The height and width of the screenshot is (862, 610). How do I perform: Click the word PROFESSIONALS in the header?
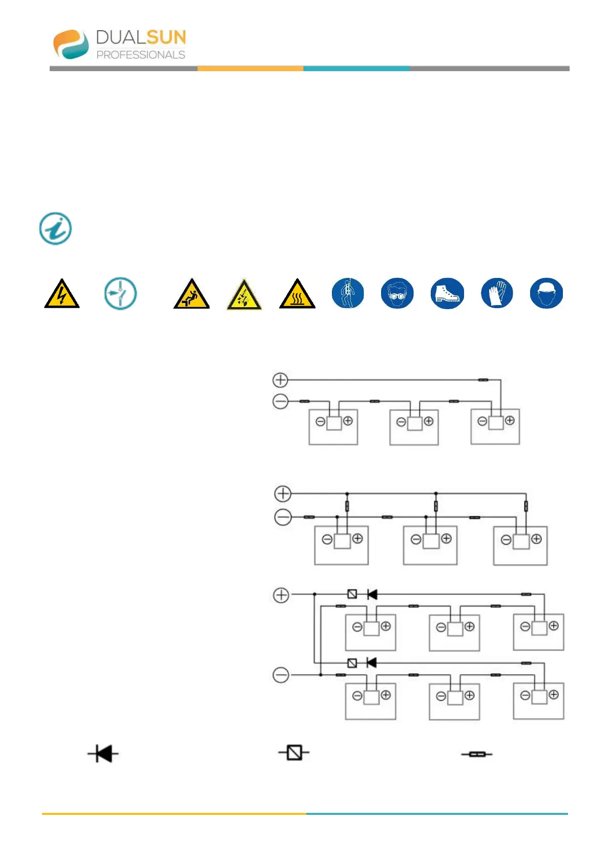[141, 55]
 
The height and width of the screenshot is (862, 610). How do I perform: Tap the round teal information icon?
[55, 228]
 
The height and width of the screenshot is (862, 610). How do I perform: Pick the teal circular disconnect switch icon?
[120, 294]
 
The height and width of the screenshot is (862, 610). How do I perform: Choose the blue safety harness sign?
[348, 293]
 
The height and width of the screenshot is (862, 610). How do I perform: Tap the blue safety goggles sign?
[397, 293]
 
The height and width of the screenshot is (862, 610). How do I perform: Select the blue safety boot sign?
[447, 293]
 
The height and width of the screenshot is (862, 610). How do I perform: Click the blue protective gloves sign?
[497, 293]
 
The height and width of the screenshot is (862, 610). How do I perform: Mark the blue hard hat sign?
[546, 293]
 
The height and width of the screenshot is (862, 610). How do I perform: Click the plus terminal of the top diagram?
[280, 380]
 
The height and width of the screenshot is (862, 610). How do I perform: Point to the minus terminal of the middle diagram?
[283, 517]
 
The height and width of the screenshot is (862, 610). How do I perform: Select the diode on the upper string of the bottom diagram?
[372, 594]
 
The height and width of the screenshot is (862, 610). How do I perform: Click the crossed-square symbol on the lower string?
[352, 663]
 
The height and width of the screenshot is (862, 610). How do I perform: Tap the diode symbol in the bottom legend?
[103, 753]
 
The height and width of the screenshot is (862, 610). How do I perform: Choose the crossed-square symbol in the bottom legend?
[294, 753]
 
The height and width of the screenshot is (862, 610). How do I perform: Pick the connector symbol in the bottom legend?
[476, 754]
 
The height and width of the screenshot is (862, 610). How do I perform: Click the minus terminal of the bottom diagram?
[281, 675]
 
